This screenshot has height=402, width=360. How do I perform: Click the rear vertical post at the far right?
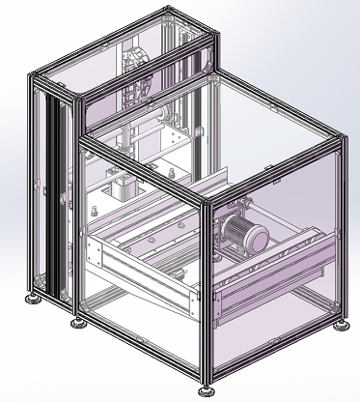(x=340, y=232)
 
